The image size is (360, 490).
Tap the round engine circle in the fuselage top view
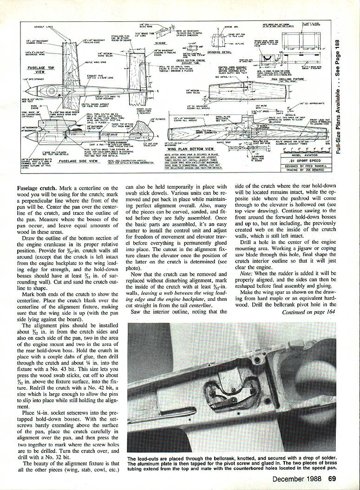tap(51, 90)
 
